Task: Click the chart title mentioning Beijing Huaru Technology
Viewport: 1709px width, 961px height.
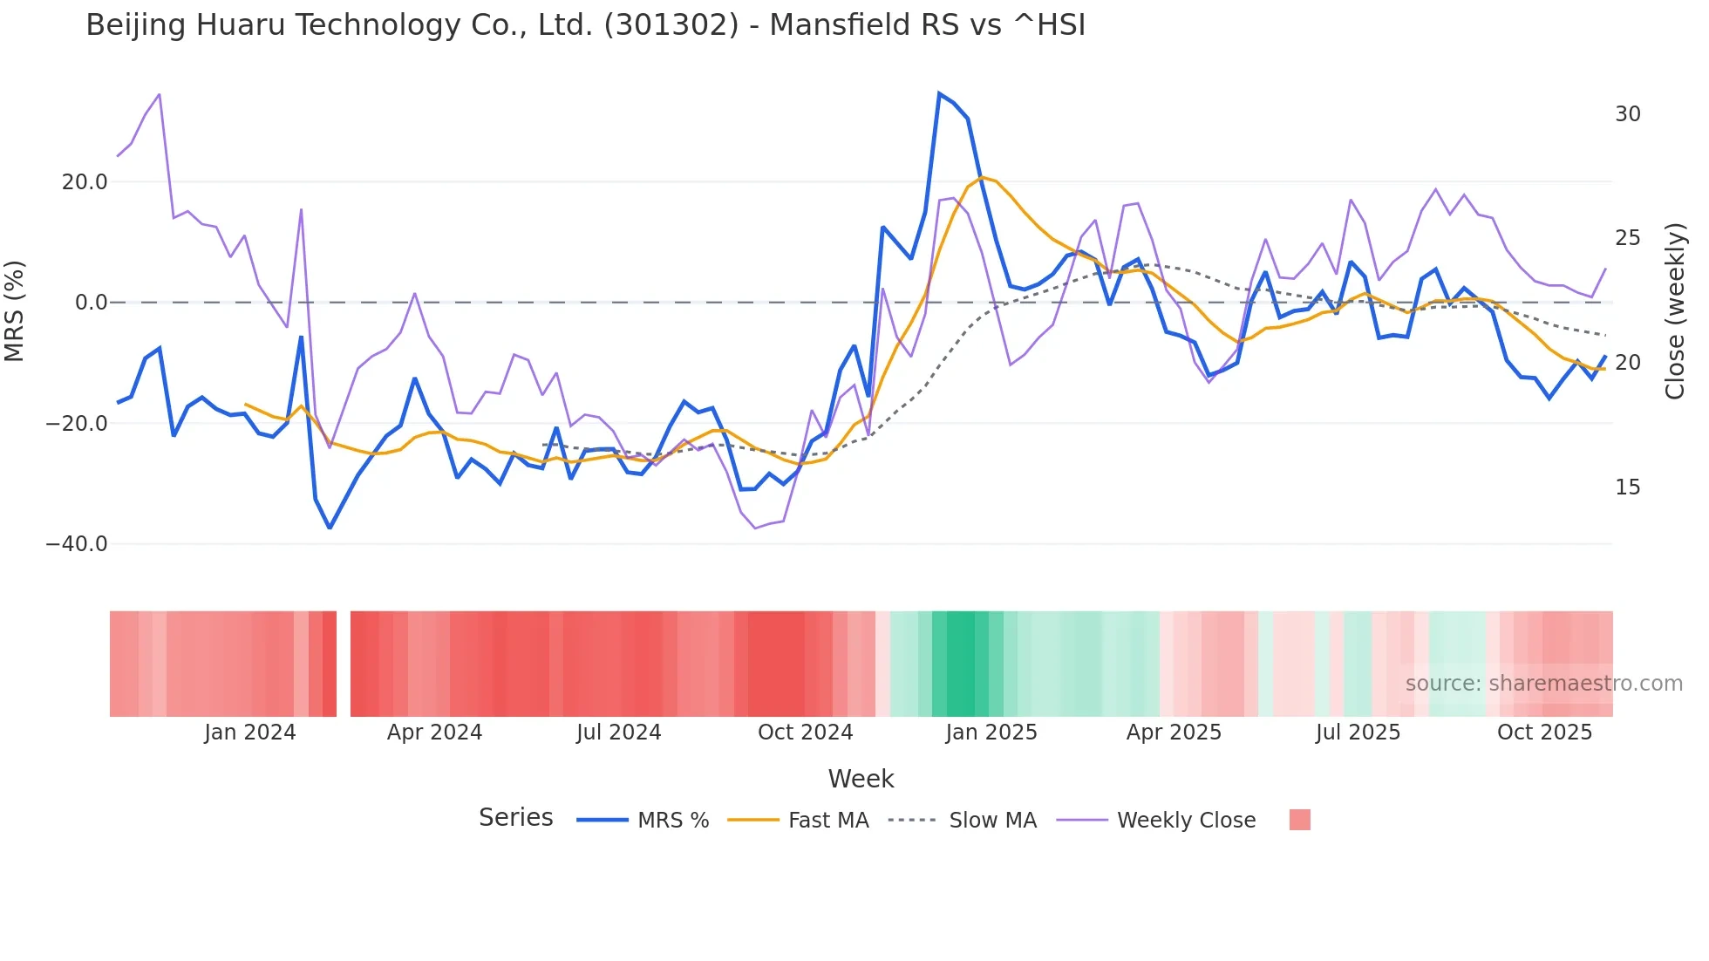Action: click(585, 25)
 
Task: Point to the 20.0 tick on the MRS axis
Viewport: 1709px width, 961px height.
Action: click(85, 182)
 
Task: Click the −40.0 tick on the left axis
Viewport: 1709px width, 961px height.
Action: click(77, 544)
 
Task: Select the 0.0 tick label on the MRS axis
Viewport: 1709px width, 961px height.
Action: click(92, 303)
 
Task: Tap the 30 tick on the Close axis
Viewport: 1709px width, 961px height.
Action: click(1627, 114)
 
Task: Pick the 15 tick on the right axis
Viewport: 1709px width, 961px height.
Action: click(1627, 487)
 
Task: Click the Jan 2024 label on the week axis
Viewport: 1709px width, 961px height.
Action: click(250, 733)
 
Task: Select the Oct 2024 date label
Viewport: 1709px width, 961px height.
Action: click(805, 733)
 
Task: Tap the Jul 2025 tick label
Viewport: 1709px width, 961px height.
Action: click(1358, 733)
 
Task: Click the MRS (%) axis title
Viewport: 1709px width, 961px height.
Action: click(15, 310)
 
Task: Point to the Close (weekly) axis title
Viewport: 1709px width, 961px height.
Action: click(1675, 310)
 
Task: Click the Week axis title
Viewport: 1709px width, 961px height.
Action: click(861, 779)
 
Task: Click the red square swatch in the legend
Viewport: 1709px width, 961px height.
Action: click(1299, 820)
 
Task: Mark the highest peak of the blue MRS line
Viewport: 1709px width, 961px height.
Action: click(939, 93)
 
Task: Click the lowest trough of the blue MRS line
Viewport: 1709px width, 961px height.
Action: click(330, 528)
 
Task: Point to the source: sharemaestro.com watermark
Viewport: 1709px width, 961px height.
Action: click(1543, 684)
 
